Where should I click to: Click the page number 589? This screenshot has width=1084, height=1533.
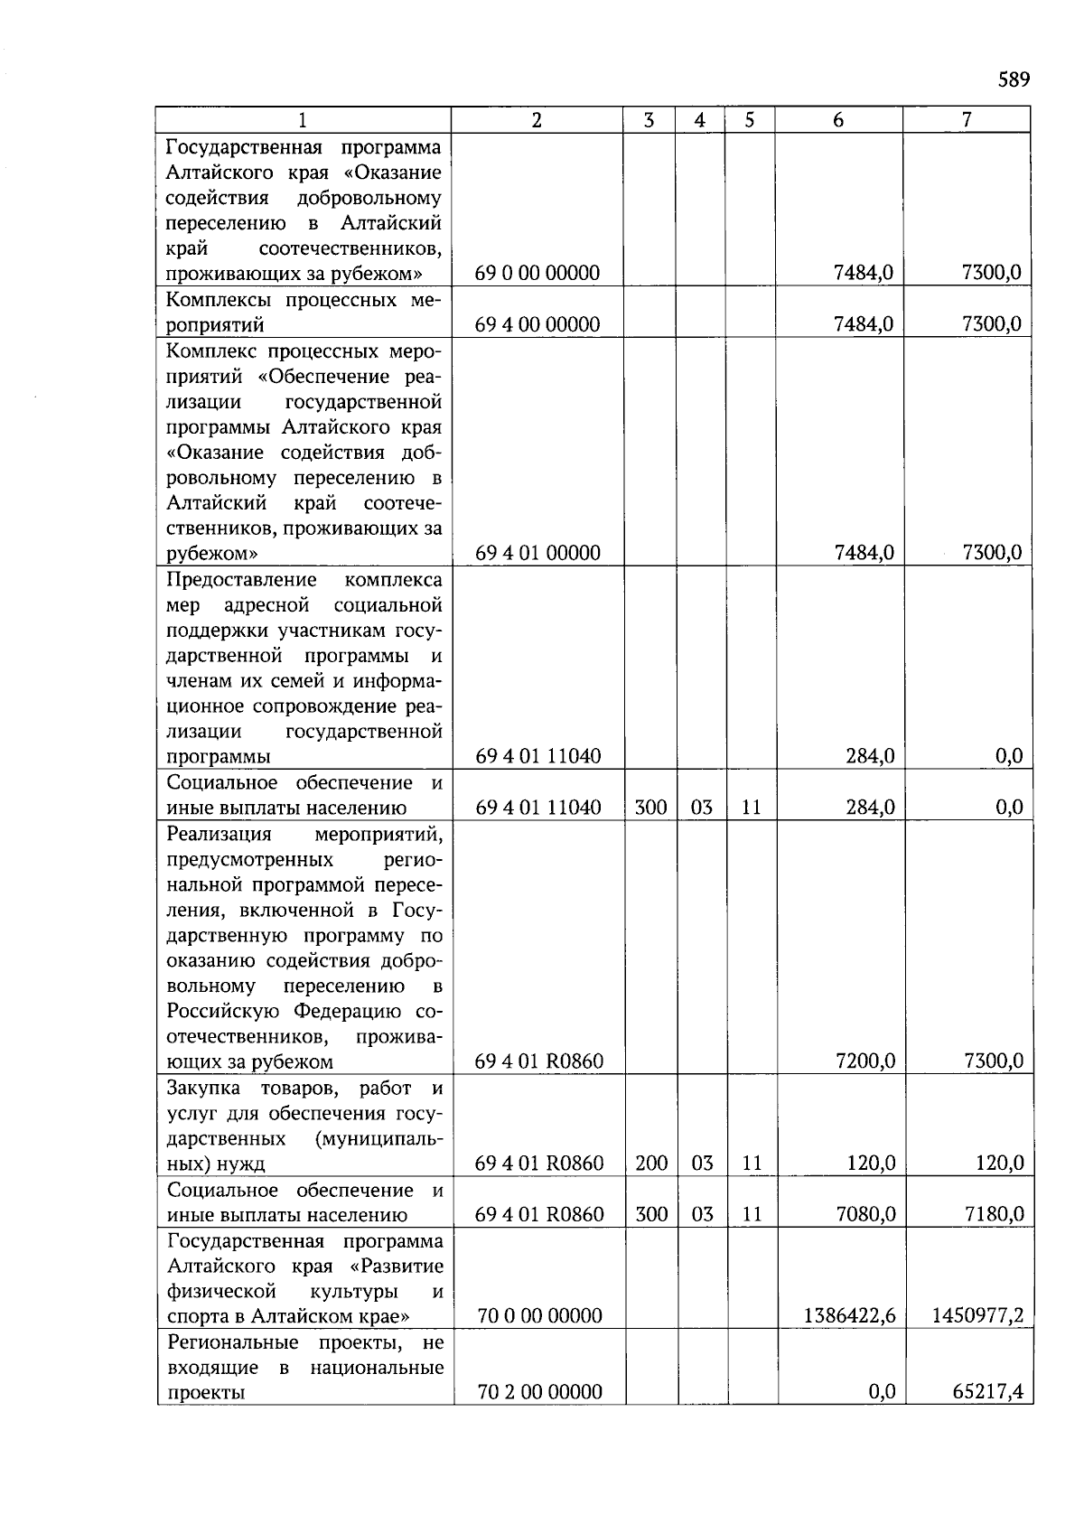click(x=1013, y=79)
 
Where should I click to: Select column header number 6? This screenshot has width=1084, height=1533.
click(x=838, y=119)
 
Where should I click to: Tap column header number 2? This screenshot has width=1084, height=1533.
click(x=537, y=119)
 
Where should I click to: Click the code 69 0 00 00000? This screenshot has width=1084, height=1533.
click(x=537, y=273)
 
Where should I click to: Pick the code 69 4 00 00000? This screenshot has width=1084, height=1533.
click(x=537, y=324)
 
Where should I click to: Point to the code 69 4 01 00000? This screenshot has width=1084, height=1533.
click(x=537, y=553)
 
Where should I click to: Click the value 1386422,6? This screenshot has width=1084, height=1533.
click(x=849, y=1316)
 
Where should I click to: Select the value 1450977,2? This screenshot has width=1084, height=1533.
click(x=977, y=1316)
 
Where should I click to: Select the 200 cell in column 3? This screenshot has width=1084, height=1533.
click(x=650, y=1164)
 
